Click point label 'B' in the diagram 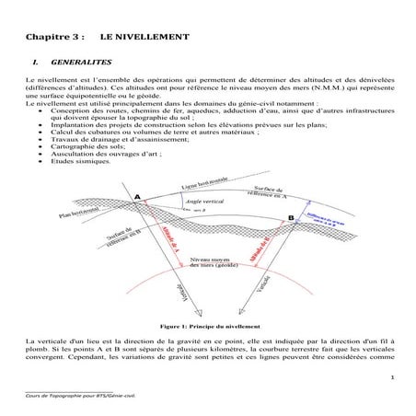click(292, 218)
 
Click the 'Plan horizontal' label click(78, 214)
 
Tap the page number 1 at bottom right click(392, 377)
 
